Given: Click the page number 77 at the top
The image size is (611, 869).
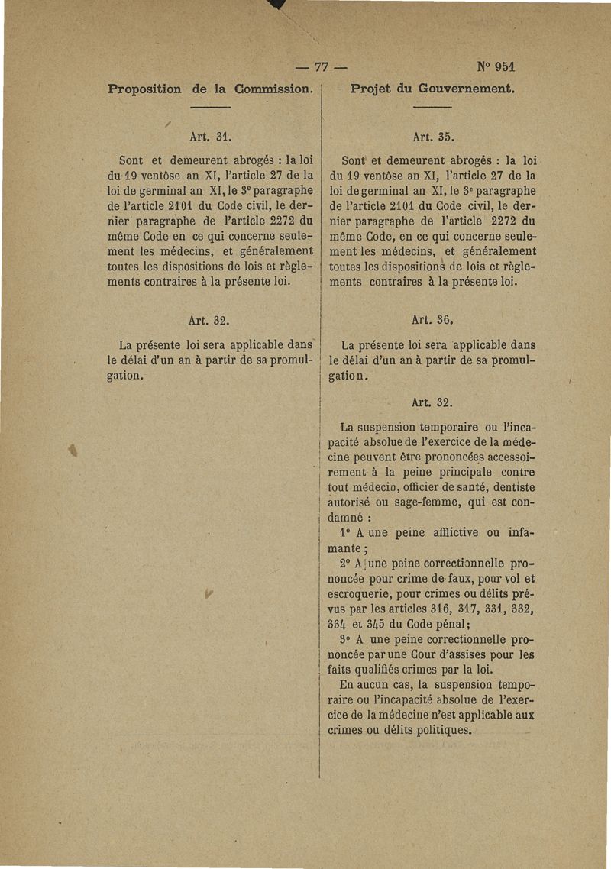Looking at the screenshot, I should pyautogui.click(x=321, y=65).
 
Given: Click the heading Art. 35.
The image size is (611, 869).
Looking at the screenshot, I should pyautogui.click(x=433, y=138).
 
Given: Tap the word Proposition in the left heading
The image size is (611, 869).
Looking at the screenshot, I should pyautogui.click(x=145, y=89).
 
